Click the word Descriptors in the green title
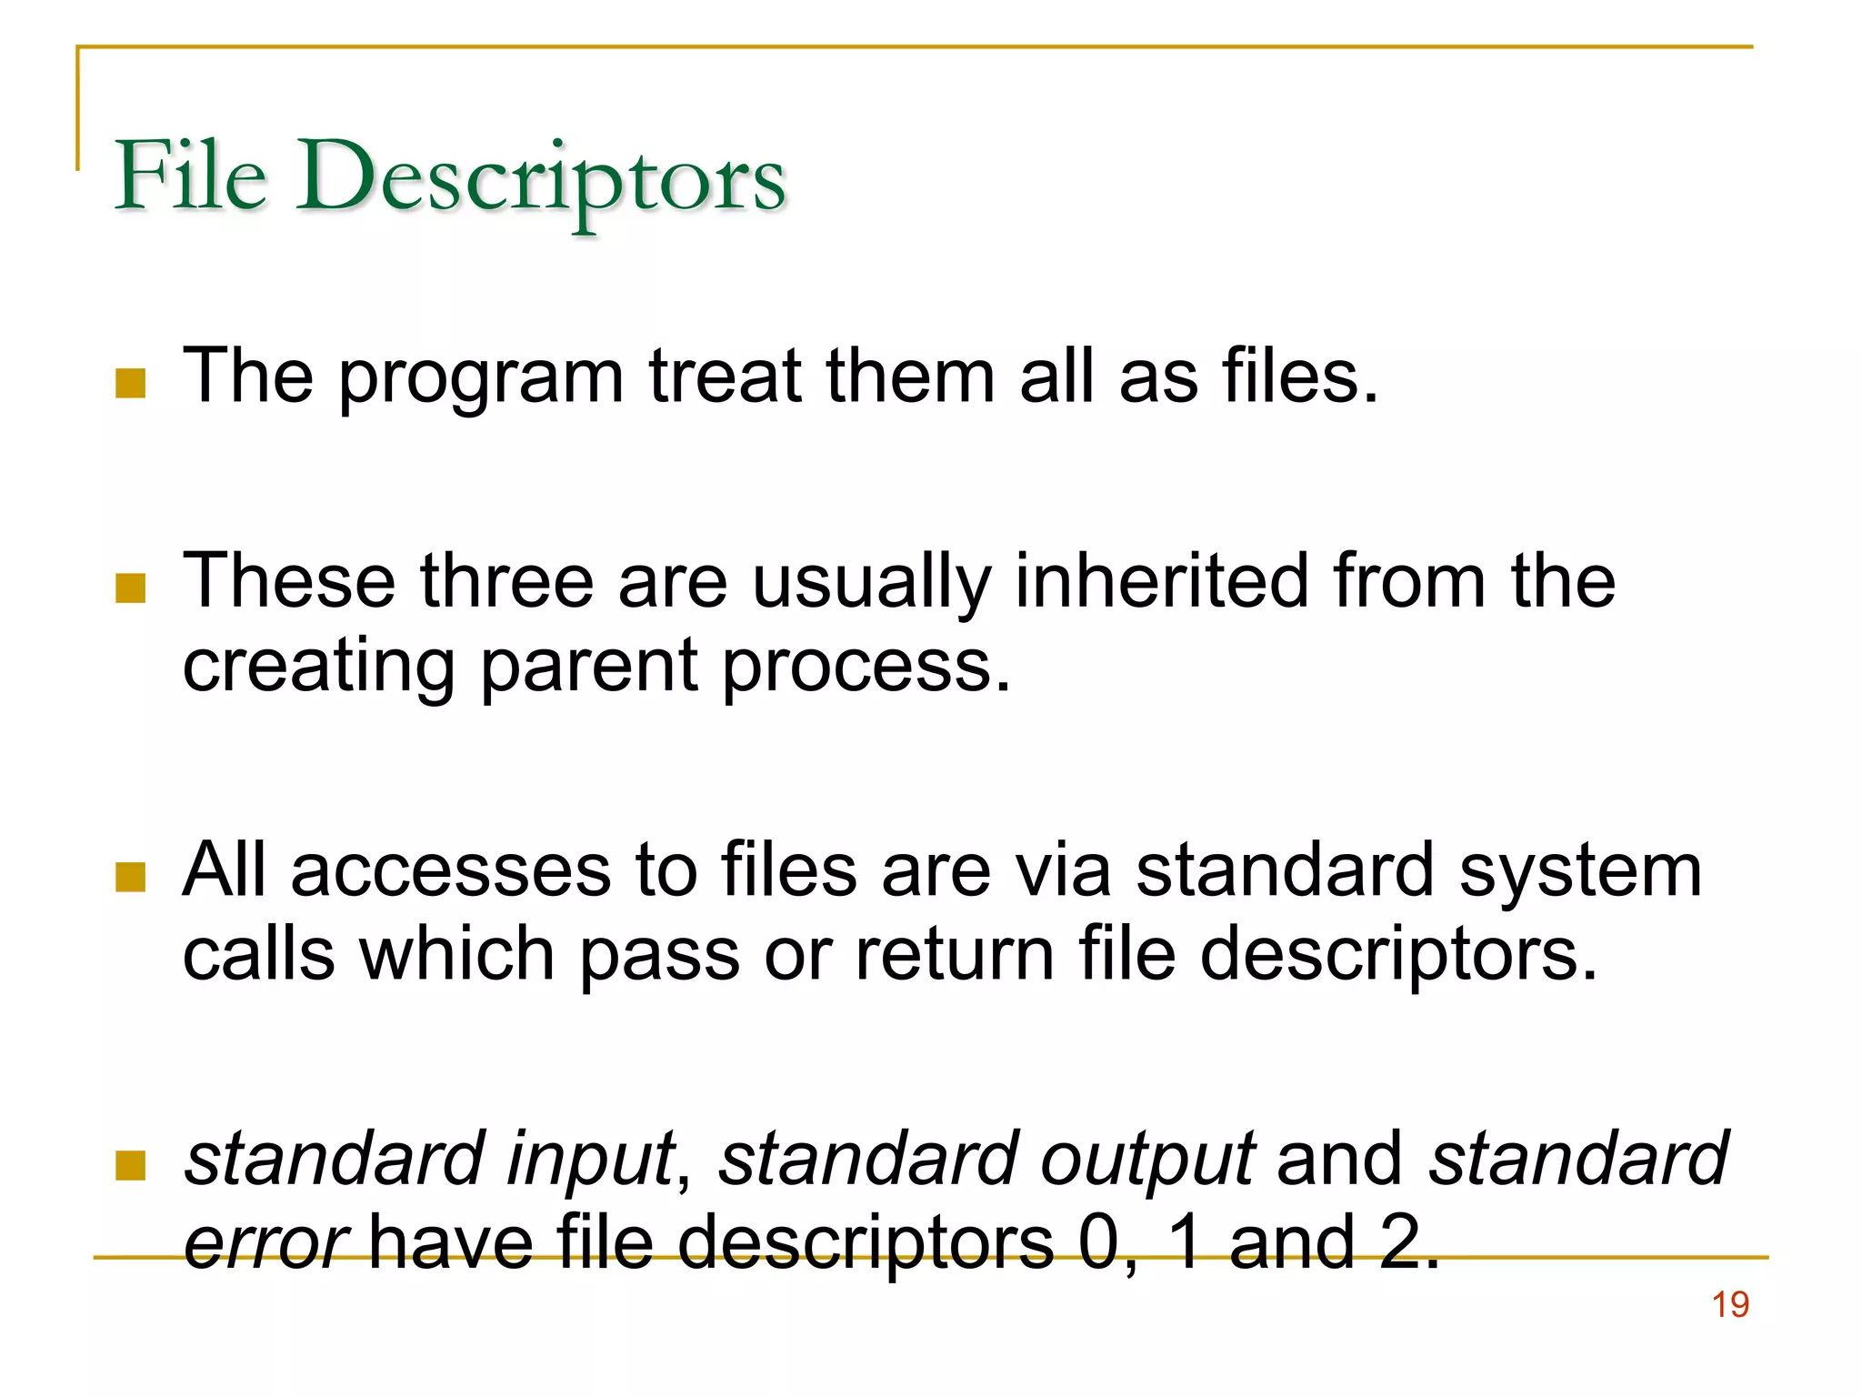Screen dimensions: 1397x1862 coord(540,178)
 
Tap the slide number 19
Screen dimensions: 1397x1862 coord(1730,1305)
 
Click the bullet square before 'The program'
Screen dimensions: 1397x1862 coord(131,383)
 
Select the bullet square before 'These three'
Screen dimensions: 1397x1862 coord(131,588)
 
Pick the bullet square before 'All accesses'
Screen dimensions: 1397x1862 coord(131,878)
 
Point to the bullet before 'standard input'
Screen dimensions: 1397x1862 coord(131,1165)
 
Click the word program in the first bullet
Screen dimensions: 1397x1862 coord(481,378)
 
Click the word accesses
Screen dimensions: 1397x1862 coord(451,870)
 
